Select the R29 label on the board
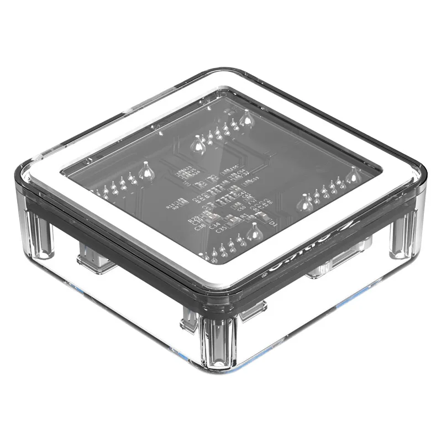192,220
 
